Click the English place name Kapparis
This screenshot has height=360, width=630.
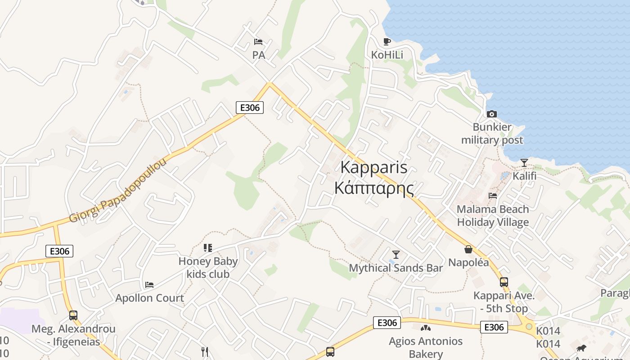tap(373, 167)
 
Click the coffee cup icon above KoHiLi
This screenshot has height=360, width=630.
tap(387, 42)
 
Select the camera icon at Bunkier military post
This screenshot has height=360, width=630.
tap(492, 114)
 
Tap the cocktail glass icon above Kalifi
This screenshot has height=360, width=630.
tap(524, 162)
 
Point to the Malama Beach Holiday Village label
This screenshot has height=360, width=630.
tap(493, 216)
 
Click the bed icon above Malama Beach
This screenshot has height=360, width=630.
tap(493, 196)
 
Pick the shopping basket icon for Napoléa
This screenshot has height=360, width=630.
tap(468, 249)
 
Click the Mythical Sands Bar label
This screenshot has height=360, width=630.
tap(396, 268)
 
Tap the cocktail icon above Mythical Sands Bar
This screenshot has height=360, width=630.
tap(396, 255)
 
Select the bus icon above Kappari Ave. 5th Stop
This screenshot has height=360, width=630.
tap(504, 282)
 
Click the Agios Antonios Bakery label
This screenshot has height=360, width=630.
tap(426, 347)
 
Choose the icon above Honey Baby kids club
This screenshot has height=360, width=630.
tap(208, 247)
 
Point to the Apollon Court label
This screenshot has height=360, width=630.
tap(149, 298)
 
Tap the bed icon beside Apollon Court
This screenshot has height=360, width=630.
tap(149, 285)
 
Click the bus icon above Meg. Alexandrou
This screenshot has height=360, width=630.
tap(73, 315)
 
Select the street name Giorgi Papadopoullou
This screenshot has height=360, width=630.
tap(117, 191)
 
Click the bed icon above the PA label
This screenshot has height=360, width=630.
tap(258, 42)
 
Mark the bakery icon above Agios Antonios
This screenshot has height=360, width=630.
tap(425, 328)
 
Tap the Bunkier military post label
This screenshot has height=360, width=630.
tap(492, 134)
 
